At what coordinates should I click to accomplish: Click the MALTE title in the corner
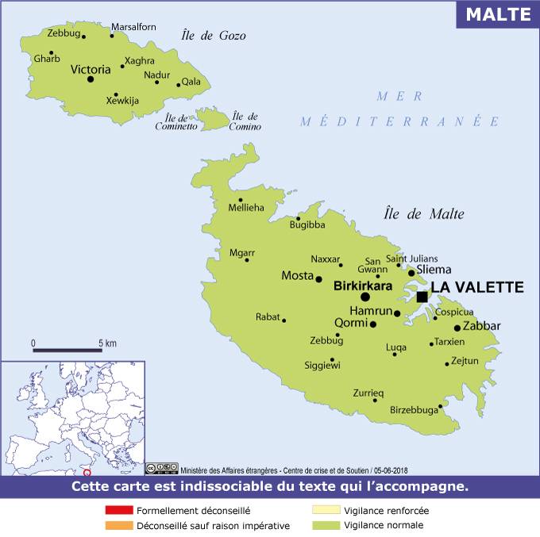(497, 14)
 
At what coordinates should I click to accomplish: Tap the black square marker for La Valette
(422, 297)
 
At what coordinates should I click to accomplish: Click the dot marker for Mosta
(318, 278)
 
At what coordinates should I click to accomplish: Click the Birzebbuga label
(414, 409)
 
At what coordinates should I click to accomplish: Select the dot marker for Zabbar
(457, 328)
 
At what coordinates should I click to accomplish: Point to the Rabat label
(268, 317)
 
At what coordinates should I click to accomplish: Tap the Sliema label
(434, 270)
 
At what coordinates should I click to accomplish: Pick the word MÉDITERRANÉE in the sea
(400, 122)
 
